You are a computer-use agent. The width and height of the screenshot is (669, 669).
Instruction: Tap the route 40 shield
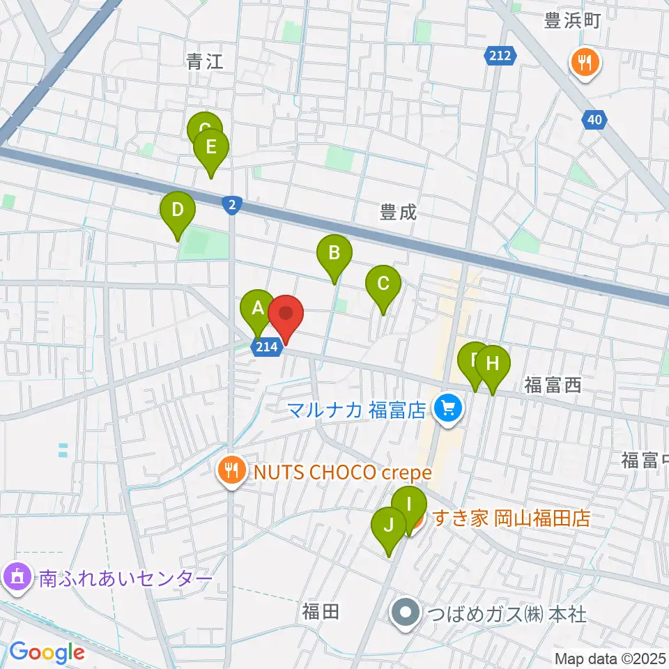[594, 121]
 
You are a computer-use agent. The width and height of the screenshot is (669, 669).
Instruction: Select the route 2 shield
[232, 204]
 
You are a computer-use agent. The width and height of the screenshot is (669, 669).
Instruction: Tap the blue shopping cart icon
[447, 407]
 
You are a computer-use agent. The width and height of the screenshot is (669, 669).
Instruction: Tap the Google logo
[47, 652]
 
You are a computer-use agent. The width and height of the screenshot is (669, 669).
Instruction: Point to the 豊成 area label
[399, 212]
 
